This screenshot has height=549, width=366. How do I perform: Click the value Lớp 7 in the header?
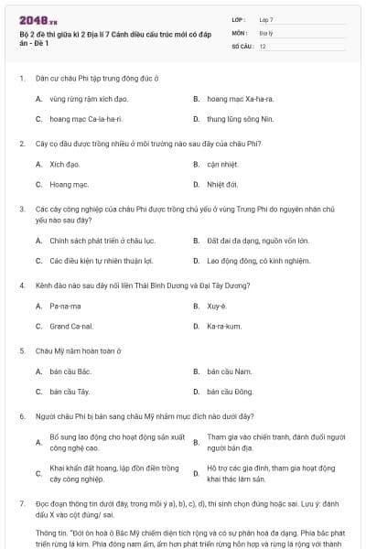pyautogui.click(x=266, y=18)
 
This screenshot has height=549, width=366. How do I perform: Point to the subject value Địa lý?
pyautogui.click(x=265, y=32)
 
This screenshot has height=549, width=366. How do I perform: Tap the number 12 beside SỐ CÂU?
pyautogui.click(x=263, y=45)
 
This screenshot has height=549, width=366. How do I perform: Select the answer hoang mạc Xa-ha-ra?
pyautogui.click(x=240, y=98)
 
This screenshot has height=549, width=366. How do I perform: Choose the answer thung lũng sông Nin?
pyautogui.click(x=239, y=119)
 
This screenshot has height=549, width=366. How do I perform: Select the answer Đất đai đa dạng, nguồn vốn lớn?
pyautogui.click(x=258, y=241)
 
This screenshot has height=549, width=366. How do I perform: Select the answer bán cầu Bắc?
pyautogui.click(x=70, y=371)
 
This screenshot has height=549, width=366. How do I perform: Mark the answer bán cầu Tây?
pyautogui.click(x=70, y=392)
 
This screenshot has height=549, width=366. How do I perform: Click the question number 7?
pyautogui.click(x=21, y=503)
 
